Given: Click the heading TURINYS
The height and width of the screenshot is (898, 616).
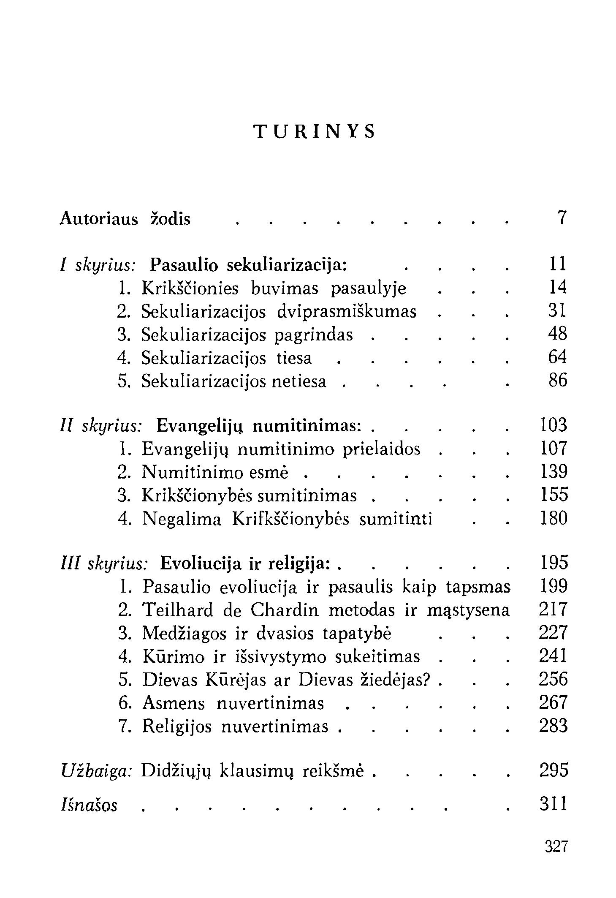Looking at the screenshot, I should [x=315, y=132].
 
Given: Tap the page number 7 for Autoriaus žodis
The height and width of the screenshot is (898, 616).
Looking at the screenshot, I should [x=561, y=218].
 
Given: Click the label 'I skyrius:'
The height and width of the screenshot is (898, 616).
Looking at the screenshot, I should [x=98, y=265].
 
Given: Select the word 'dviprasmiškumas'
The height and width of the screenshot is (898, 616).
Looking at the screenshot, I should [x=347, y=312].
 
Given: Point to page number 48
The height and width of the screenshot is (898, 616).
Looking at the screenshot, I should [x=557, y=334].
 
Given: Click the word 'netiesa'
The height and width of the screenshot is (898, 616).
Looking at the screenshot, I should [x=299, y=381].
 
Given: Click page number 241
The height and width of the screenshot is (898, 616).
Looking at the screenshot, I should [x=553, y=656].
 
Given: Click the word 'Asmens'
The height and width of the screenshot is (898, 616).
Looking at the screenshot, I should [x=174, y=703].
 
